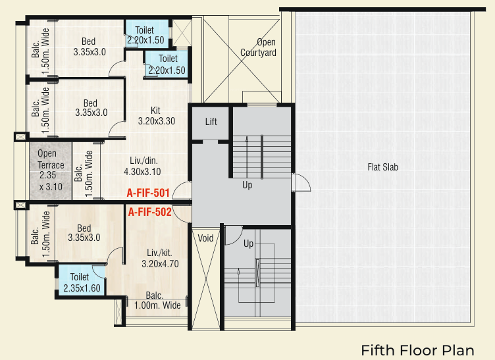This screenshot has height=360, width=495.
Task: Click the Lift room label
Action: point(211,122)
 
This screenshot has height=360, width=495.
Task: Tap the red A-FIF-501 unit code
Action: point(149,193)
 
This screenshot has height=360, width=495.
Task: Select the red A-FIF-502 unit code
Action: point(149,212)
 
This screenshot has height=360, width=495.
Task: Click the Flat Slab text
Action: point(382,167)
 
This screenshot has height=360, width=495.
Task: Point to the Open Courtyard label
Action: point(257,47)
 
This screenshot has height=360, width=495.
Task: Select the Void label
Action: point(205,238)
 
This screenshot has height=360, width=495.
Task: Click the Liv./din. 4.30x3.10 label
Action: point(141,165)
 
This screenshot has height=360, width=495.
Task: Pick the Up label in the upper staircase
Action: point(247,185)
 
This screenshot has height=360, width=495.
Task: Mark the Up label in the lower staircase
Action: point(249,244)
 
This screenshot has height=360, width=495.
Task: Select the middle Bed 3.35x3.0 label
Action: point(90,107)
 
